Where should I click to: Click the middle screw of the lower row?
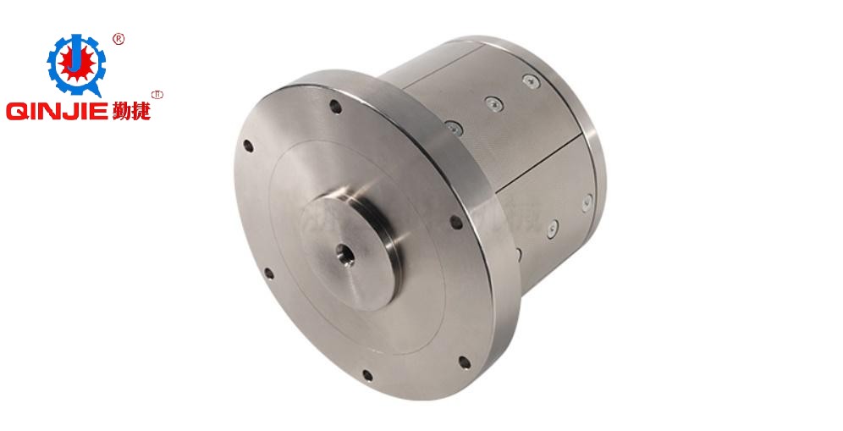click(551, 226)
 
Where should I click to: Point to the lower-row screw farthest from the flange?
click(587, 202)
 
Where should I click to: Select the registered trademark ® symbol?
click(118, 39)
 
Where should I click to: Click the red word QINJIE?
click(56, 112)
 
